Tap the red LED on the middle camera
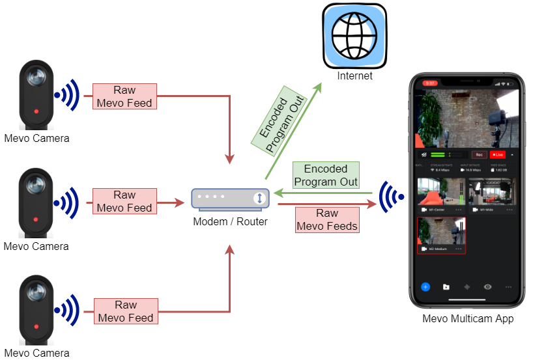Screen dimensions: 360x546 (36, 219)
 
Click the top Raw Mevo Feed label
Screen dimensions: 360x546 (124, 96)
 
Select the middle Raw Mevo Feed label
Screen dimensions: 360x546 (124, 202)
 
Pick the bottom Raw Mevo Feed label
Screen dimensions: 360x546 (124, 311)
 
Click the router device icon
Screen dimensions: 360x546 (230, 198)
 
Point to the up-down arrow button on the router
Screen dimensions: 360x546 (259, 198)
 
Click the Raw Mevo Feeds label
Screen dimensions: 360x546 (327, 220)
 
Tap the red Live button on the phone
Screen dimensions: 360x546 (498, 155)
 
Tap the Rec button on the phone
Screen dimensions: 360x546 (479, 155)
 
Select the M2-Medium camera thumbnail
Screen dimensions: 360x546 (441, 235)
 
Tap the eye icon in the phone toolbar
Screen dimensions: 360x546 (487, 286)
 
